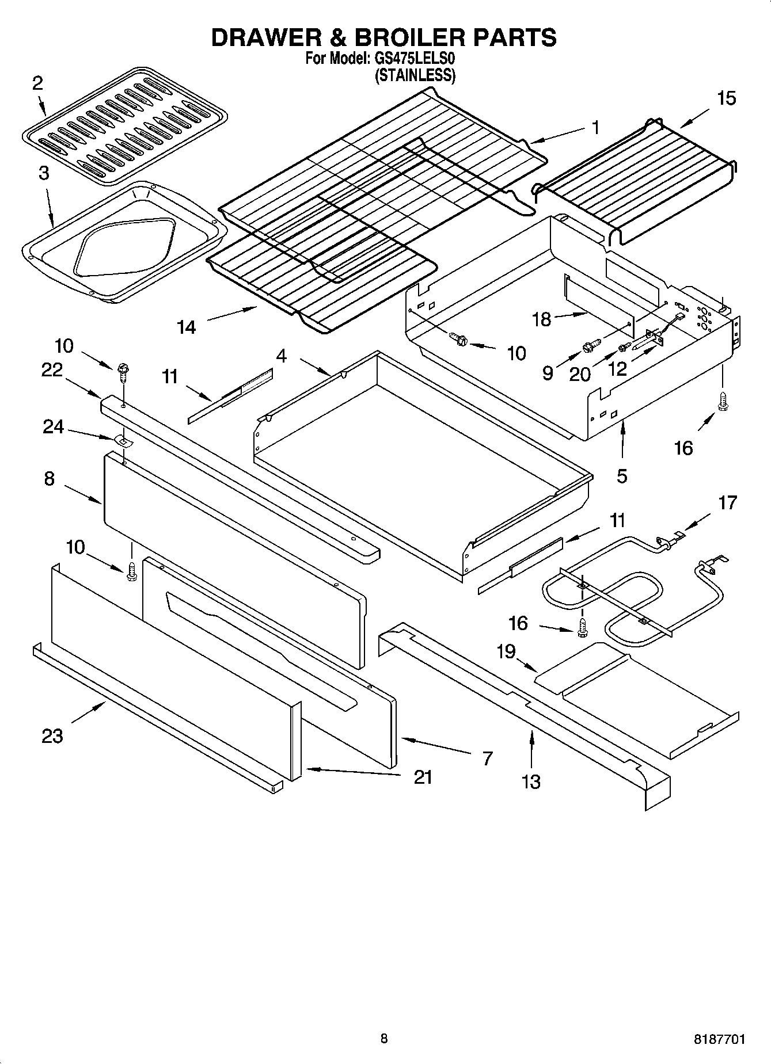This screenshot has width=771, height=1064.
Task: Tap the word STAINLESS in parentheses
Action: pos(415,75)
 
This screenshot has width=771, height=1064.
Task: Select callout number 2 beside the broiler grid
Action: pos(37,84)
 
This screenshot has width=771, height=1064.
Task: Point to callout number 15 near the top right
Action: pos(727,98)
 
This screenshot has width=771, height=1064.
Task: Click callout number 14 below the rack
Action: pos(186,327)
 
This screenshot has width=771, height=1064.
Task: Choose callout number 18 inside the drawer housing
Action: pos(542,319)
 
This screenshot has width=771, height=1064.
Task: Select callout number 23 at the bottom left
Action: pos(52,735)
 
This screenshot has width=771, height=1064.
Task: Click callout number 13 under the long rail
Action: pos(531,781)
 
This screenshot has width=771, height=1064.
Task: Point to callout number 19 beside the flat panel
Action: pos(506,652)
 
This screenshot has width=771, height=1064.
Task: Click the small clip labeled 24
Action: pos(123,441)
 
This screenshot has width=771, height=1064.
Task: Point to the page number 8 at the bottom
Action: pos(384,1039)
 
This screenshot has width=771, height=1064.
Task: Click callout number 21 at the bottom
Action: pos(423,777)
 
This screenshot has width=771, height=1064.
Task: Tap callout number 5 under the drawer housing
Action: pos(622,476)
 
